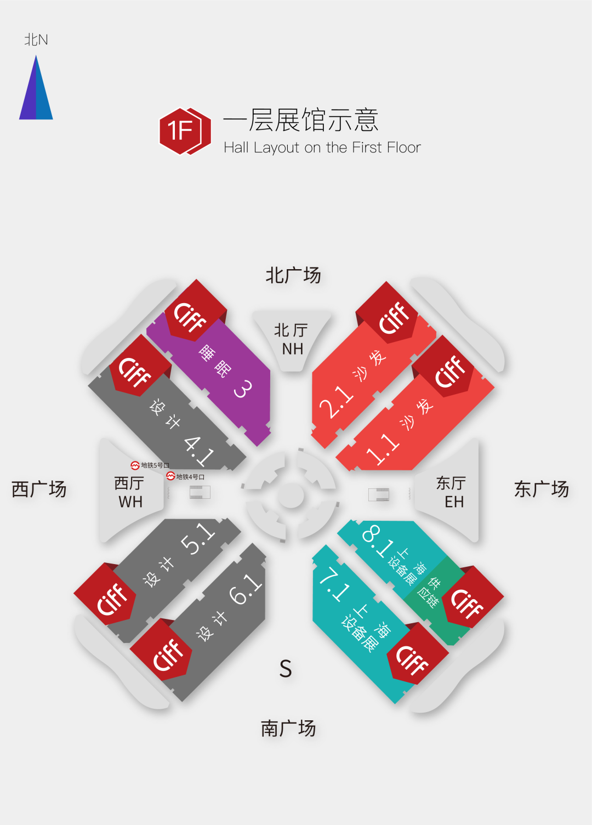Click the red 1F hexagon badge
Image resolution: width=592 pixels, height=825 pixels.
pos(185,131)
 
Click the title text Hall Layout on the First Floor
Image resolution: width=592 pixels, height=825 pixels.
pos(322,147)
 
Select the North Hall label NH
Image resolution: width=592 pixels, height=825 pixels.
pos(292,349)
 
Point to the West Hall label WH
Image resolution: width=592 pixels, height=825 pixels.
pos(130,502)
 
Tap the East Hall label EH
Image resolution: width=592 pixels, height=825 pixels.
pos(454,502)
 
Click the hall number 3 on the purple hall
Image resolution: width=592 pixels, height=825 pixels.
pos(243,389)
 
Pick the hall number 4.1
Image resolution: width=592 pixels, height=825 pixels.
pos(199,450)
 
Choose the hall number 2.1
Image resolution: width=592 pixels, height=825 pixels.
pos(336,402)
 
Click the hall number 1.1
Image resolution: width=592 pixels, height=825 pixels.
pos(383,449)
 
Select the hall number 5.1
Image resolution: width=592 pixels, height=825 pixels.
pos(197,538)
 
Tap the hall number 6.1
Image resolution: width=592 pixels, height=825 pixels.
pos(245,589)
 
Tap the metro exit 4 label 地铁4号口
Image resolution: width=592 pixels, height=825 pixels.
pos(186,477)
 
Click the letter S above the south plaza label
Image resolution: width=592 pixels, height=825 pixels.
pos(286,669)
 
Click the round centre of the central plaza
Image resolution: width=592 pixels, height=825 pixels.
pos(291,496)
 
